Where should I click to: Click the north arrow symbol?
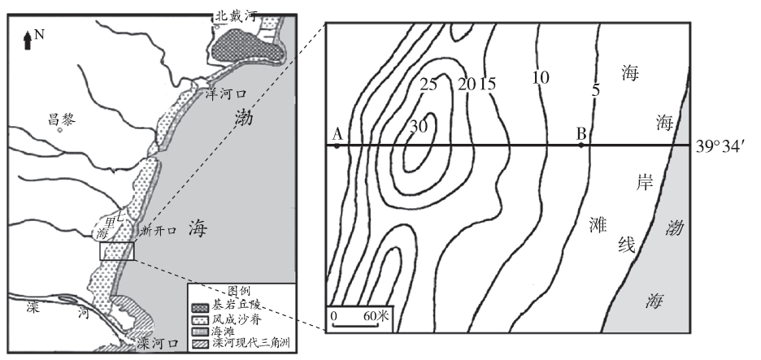(28, 40)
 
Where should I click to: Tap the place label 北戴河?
(235, 16)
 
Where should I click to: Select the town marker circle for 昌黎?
(59, 130)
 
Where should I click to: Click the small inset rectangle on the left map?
(117, 251)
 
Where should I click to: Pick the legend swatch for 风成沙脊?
(202, 319)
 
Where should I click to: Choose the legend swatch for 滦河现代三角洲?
(202, 343)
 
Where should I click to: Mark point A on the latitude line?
(337, 145)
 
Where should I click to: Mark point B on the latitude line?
(581, 145)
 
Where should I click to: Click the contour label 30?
(418, 127)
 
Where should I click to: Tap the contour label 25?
(428, 85)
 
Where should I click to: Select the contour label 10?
(540, 78)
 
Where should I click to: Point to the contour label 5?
(596, 89)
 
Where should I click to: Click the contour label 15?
(487, 85)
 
